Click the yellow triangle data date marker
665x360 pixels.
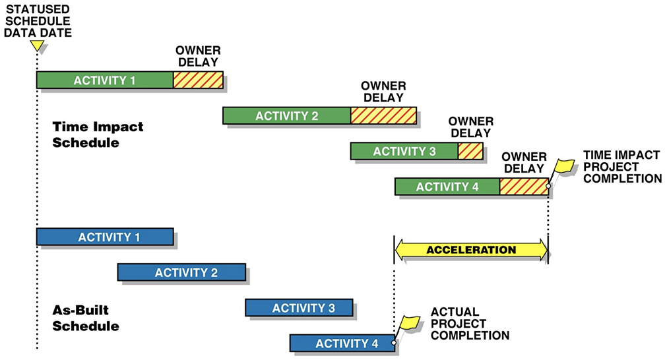(x=38, y=45)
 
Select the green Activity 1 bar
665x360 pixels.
(x=105, y=80)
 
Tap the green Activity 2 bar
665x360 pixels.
(x=287, y=115)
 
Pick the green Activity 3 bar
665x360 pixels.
(x=404, y=151)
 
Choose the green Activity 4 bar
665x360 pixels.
(x=447, y=187)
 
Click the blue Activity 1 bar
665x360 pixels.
(x=105, y=237)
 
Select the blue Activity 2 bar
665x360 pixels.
(x=181, y=272)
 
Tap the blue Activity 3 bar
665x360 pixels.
(x=299, y=308)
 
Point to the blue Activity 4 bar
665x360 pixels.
(x=342, y=343)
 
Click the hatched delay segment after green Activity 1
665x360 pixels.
(x=197, y=80)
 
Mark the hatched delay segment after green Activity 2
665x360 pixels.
(x=383, y=115)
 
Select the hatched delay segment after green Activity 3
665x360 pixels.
(x=470, y=151)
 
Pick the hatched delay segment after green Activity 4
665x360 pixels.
(x=524, y=187)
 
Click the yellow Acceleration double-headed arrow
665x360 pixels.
(x=471, y=250)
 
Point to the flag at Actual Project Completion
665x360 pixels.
(x=409, y=322)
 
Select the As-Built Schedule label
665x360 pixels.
(x=86, y=317)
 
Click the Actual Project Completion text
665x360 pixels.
(x=470, y=323)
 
